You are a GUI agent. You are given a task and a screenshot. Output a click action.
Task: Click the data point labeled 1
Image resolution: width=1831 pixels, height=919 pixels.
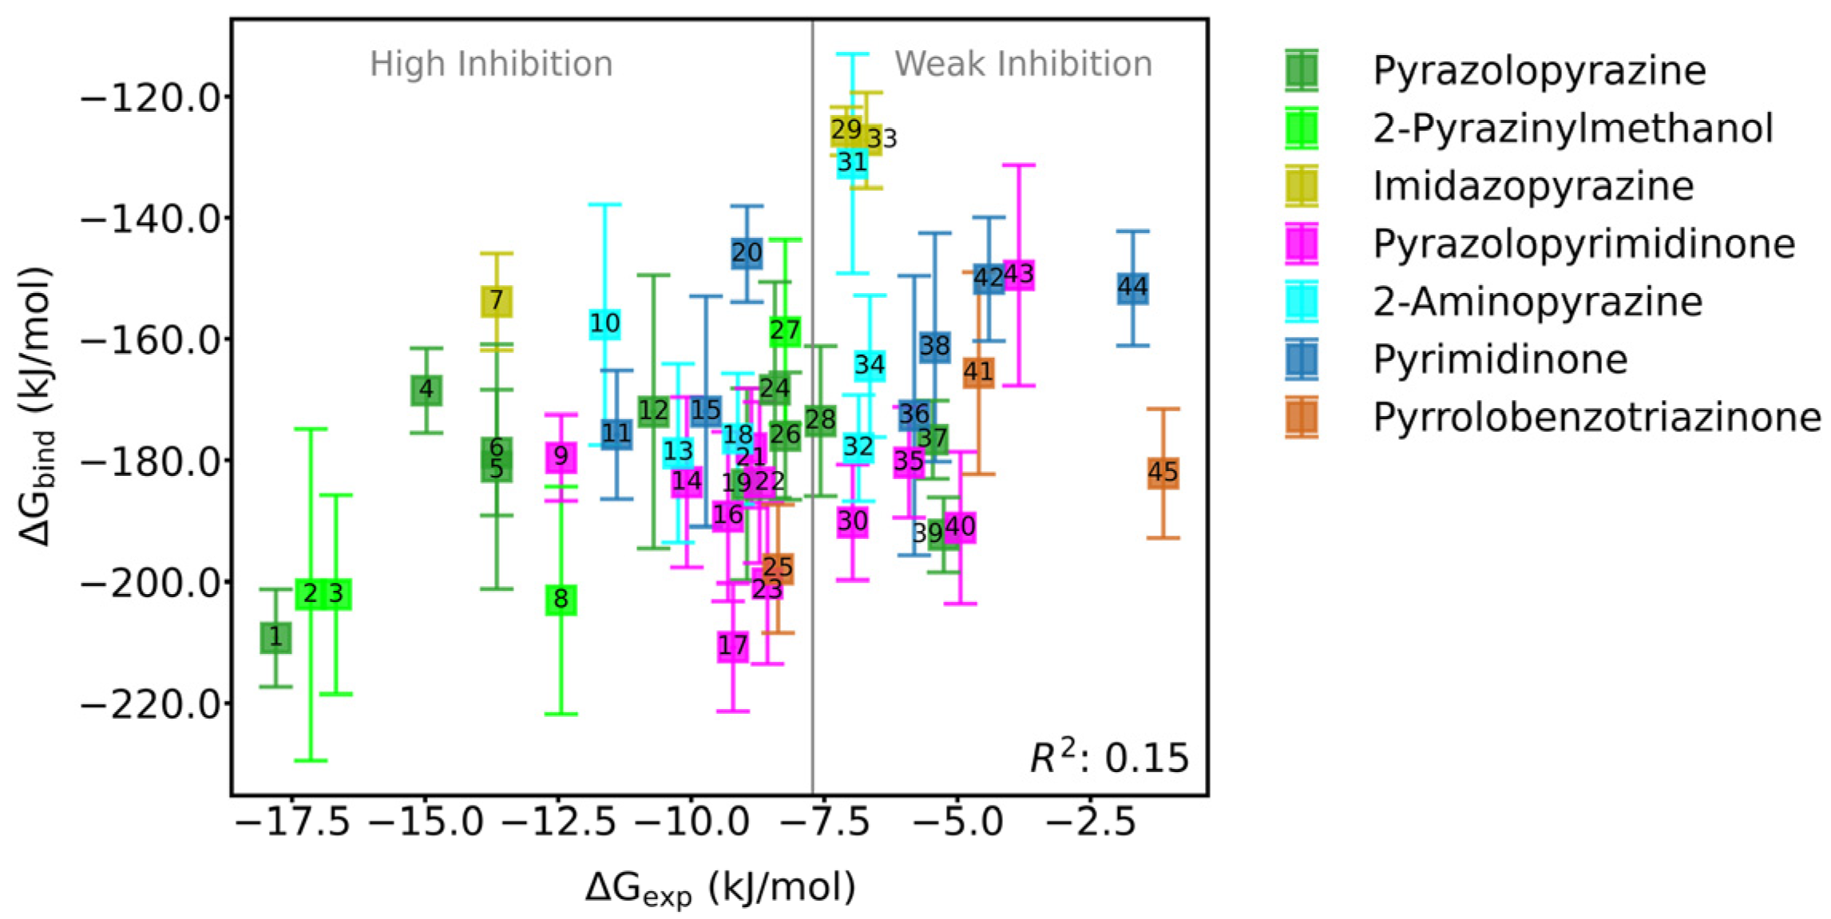[275, 637]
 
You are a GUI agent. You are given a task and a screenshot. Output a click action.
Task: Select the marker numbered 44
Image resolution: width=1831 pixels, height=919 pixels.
[1132, 287]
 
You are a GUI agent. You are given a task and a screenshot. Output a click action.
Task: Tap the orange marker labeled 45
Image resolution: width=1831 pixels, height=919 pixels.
[1163, 473]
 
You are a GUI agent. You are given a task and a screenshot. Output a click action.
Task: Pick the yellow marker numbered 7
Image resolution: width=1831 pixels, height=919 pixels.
[497, 301]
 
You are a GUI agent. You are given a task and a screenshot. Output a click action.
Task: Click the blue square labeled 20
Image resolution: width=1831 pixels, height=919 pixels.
[747, 253]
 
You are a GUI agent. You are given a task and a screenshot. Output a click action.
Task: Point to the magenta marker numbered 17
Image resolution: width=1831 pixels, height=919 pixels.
[733, 645]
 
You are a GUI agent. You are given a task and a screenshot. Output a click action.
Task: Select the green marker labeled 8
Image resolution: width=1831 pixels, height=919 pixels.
[561, 599]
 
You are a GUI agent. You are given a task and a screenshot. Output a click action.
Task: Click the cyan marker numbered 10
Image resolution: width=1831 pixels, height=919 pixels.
[604, 323]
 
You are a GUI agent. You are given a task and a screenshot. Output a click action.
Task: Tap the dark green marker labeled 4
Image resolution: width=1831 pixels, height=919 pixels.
[426, 390]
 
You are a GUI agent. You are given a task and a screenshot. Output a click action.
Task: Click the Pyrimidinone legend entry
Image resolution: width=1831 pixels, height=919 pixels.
[1500, 359]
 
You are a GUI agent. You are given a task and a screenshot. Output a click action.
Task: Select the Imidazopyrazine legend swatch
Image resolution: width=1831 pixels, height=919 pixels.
[1302, 186]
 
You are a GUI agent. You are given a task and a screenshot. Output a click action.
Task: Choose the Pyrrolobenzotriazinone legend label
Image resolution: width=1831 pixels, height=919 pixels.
[1595, 418]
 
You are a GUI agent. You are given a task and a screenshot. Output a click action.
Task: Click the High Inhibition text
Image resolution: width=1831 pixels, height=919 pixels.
[491, 64]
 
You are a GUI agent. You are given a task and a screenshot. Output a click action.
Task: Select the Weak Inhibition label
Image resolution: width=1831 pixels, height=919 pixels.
[1023, 64]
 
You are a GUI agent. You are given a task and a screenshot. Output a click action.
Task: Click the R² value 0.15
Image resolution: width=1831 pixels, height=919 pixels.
[1147, 759]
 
